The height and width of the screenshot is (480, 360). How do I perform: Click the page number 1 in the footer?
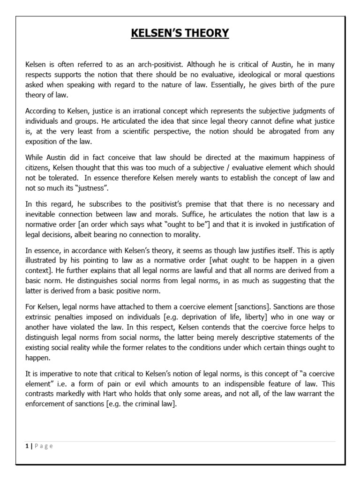tap(27, 446)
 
